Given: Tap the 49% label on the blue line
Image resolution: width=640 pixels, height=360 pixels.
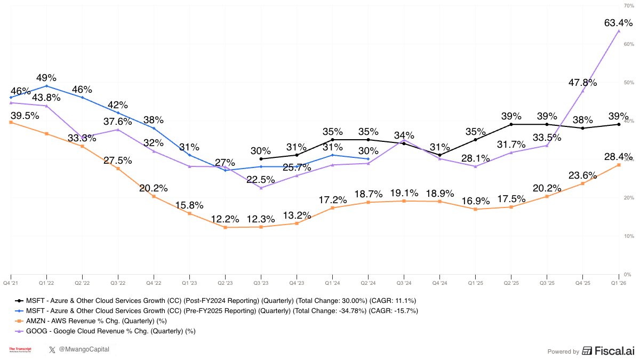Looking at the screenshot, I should pos(46,78).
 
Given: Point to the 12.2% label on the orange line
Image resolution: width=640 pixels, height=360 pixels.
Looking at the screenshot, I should pos(225,219).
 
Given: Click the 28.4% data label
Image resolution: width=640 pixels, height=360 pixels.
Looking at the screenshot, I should pos(618,156).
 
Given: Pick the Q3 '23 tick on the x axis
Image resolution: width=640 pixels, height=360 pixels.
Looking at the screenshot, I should pos(261,282).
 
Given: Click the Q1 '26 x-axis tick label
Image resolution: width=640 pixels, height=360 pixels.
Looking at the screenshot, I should pos(618,282).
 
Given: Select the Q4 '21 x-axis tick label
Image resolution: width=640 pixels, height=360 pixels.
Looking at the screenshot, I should pos(11,282).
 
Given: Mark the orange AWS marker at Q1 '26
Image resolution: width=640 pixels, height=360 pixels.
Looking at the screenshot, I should pos(619,165).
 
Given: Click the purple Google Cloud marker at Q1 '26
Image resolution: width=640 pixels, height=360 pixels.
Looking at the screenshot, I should pos(619,31).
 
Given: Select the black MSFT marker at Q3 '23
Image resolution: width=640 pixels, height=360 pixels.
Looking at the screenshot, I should pos(261,159).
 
